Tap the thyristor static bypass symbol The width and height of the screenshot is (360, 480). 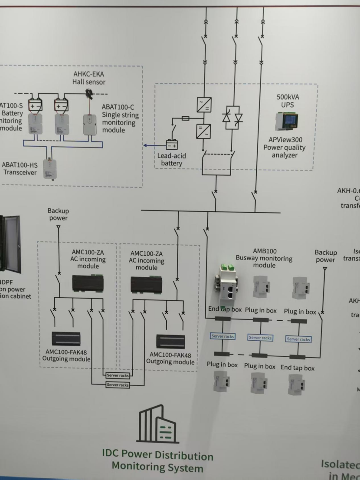232,117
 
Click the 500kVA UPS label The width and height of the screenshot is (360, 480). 288,101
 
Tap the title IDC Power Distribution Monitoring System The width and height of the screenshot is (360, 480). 157,462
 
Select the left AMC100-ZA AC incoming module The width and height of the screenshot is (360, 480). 88,283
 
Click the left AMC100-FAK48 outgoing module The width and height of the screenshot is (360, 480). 65,338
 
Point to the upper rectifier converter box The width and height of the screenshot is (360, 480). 204,105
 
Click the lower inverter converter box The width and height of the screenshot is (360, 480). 204,131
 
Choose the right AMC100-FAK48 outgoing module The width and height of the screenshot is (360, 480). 170,341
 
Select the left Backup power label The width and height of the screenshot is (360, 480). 58,214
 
